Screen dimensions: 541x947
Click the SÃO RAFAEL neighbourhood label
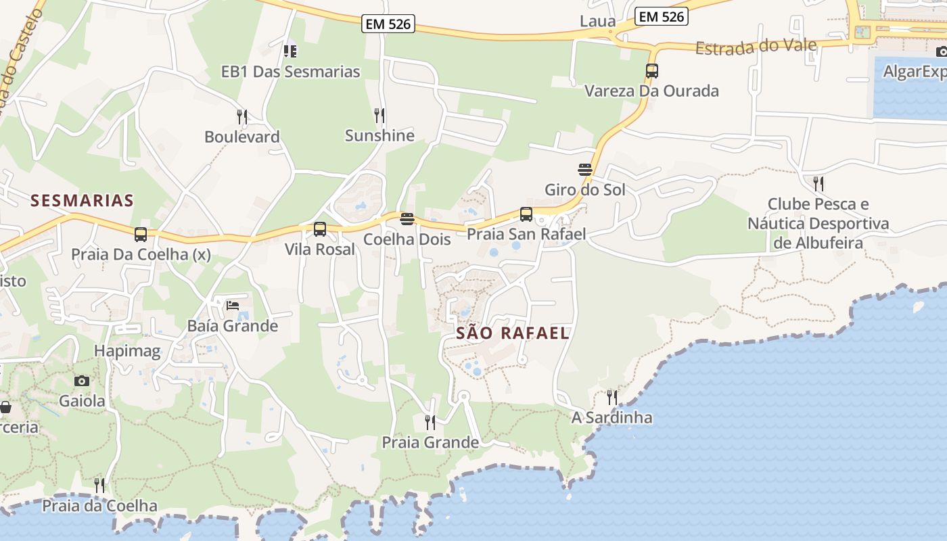click(512, 333)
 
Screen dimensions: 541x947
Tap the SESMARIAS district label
click(82, 200)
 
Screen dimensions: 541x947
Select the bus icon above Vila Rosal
click(320, 229)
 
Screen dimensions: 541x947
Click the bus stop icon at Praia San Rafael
click(526, 214)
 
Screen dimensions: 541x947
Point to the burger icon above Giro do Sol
click(585, 169)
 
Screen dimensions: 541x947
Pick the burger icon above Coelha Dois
click(407, 218)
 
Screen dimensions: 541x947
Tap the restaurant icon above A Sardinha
click(611, 397)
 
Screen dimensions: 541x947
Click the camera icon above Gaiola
click(82, 381)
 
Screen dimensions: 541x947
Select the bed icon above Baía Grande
click(233, 305)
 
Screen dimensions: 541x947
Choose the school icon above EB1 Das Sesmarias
click(290, 51)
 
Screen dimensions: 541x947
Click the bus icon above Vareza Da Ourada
click(651, 70)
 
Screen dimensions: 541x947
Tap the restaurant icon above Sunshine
click(379, 116)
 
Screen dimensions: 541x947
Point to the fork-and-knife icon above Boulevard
click(242, 116)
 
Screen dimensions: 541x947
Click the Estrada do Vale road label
click(756, 47)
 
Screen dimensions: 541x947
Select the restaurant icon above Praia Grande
click(430, 423)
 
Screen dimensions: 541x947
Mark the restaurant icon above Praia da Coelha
click(99, 486)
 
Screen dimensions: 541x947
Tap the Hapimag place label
click(128, 351)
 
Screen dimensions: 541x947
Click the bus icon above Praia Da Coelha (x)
click(141, 235)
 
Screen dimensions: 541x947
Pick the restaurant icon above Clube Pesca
click(818, 183)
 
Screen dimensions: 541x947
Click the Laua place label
click(597, 21)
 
